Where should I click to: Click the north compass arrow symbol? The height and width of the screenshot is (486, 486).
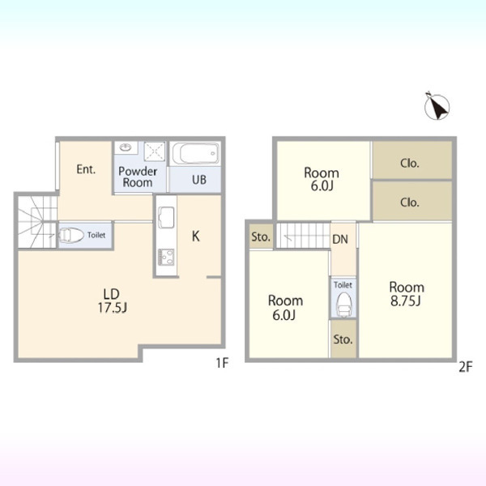[437, 107]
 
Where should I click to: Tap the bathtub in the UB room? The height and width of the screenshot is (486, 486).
[195, 153]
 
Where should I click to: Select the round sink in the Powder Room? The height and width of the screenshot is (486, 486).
[126, 147]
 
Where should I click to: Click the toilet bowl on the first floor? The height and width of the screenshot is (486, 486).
[71, 235]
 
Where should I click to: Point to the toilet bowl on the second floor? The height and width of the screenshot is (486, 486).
[343, 305]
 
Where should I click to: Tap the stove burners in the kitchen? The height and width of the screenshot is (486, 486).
[166, 257]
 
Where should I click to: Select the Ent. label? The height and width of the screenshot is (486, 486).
[86, 169]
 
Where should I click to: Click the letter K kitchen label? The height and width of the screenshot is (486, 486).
[195, 237]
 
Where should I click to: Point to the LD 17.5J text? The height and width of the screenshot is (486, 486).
[113, 301]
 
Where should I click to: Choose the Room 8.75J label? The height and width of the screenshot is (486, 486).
[407, 294]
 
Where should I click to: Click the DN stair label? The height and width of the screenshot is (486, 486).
[340, 239]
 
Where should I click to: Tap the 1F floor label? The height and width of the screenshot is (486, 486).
[222, 363]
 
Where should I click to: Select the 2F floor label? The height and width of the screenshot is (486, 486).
[465, 367]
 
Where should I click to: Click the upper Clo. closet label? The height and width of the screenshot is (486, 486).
[409, 163]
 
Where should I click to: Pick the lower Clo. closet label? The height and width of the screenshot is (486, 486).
[409, 202]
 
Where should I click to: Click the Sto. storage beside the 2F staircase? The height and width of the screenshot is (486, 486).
[261, 237]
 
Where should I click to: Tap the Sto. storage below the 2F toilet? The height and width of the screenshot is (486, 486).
[343, 339]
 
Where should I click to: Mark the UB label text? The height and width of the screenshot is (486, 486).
[199, 180]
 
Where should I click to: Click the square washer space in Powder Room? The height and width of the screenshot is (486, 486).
[155, 151]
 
